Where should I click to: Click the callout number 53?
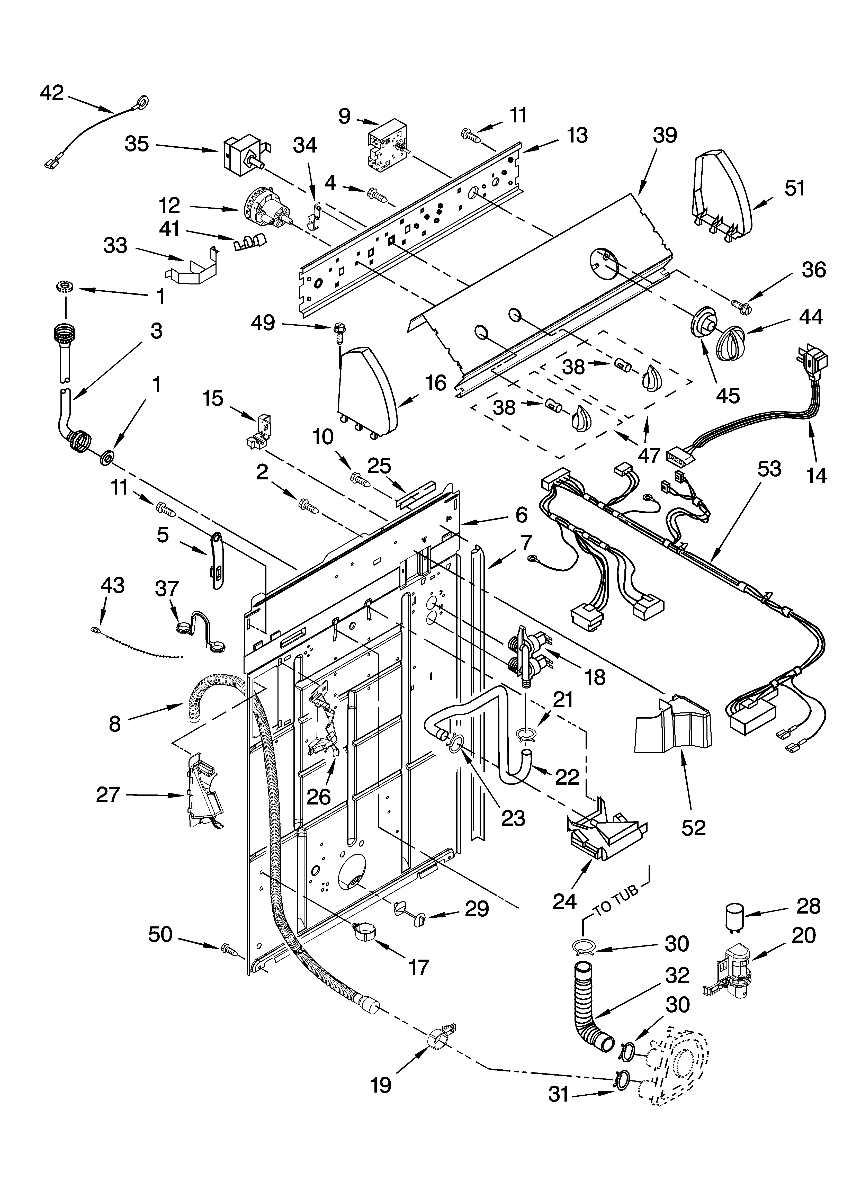point(769,469)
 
